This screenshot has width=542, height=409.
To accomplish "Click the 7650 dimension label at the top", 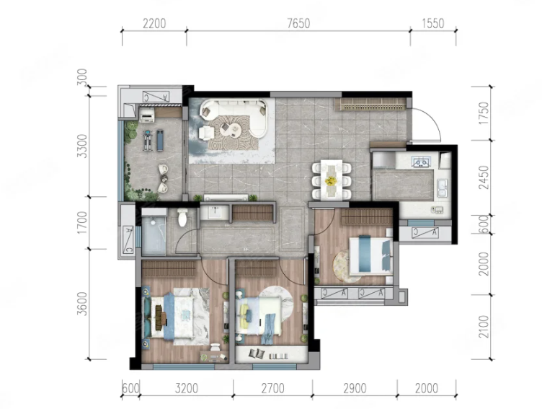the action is [298, 24].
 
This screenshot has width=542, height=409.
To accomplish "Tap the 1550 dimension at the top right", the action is [432, 24].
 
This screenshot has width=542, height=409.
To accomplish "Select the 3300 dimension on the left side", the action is [82, 146].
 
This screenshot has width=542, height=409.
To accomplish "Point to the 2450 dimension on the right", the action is [484, 178].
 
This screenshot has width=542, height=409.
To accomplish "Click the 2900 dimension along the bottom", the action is [355, 389].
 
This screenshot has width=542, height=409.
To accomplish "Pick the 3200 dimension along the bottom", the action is [186, 389].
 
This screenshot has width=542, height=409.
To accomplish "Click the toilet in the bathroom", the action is [182, 217].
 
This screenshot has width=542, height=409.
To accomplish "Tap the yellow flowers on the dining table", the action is [331, 180].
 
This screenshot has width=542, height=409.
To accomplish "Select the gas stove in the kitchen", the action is [421, 162].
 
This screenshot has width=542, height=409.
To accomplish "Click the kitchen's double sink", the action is [442, 188].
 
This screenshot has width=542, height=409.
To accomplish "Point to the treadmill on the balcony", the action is [148, 140].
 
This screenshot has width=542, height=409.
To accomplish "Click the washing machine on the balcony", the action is [147, 115].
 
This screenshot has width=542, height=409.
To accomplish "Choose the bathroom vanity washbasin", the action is [215, 212].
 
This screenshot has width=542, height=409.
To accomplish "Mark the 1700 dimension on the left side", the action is [82, 222].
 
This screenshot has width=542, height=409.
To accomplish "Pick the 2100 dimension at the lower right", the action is [484, 326].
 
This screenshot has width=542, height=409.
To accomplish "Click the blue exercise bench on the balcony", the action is [160, 140].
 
